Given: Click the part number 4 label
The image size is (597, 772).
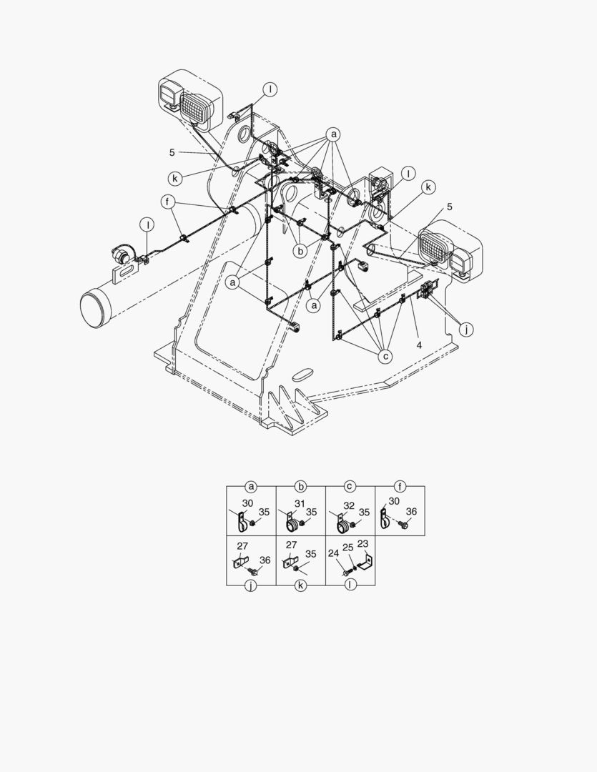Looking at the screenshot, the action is pyautogui.click(x=419, y=345).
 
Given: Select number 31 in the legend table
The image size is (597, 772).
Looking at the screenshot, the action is pyautogui.click(x=300, y=503).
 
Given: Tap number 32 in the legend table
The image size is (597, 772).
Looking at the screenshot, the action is pyautogui.click(x=349, y=505).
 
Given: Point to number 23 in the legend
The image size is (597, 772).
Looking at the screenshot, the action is pyautogui.click(x=362, y=543).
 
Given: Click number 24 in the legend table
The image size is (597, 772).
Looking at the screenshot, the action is pyautogui.click(x=333, y=553).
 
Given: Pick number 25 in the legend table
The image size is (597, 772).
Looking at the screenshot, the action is pyautogui.click(x=347, y=548).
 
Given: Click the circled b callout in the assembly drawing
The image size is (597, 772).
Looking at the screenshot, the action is pyautogui.click(x=300, y=251).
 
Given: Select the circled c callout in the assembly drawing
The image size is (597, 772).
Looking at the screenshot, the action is pyautogui.click(x=385, y=356).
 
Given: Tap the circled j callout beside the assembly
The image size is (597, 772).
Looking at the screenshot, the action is pyautogui.click(x=466, y=330).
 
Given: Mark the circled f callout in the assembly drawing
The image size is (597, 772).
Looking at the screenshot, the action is pyautogui.click(x=168, y=202).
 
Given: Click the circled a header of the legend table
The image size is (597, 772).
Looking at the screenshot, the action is pyautogui.click(x=251, y=487).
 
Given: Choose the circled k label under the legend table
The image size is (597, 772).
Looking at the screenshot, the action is pyautogui.click(x=300, y=586).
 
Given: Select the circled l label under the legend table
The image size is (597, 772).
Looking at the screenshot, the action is pyautogui.click(x=350, y=585).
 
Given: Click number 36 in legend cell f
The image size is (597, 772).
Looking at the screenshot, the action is pyautogui.click(x=411, y=512).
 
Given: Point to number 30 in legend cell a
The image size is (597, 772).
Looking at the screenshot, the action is pyautogui.click(x=247, y=503).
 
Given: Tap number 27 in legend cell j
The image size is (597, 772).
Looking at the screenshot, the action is pyautogui.click(x=242, y=546).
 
